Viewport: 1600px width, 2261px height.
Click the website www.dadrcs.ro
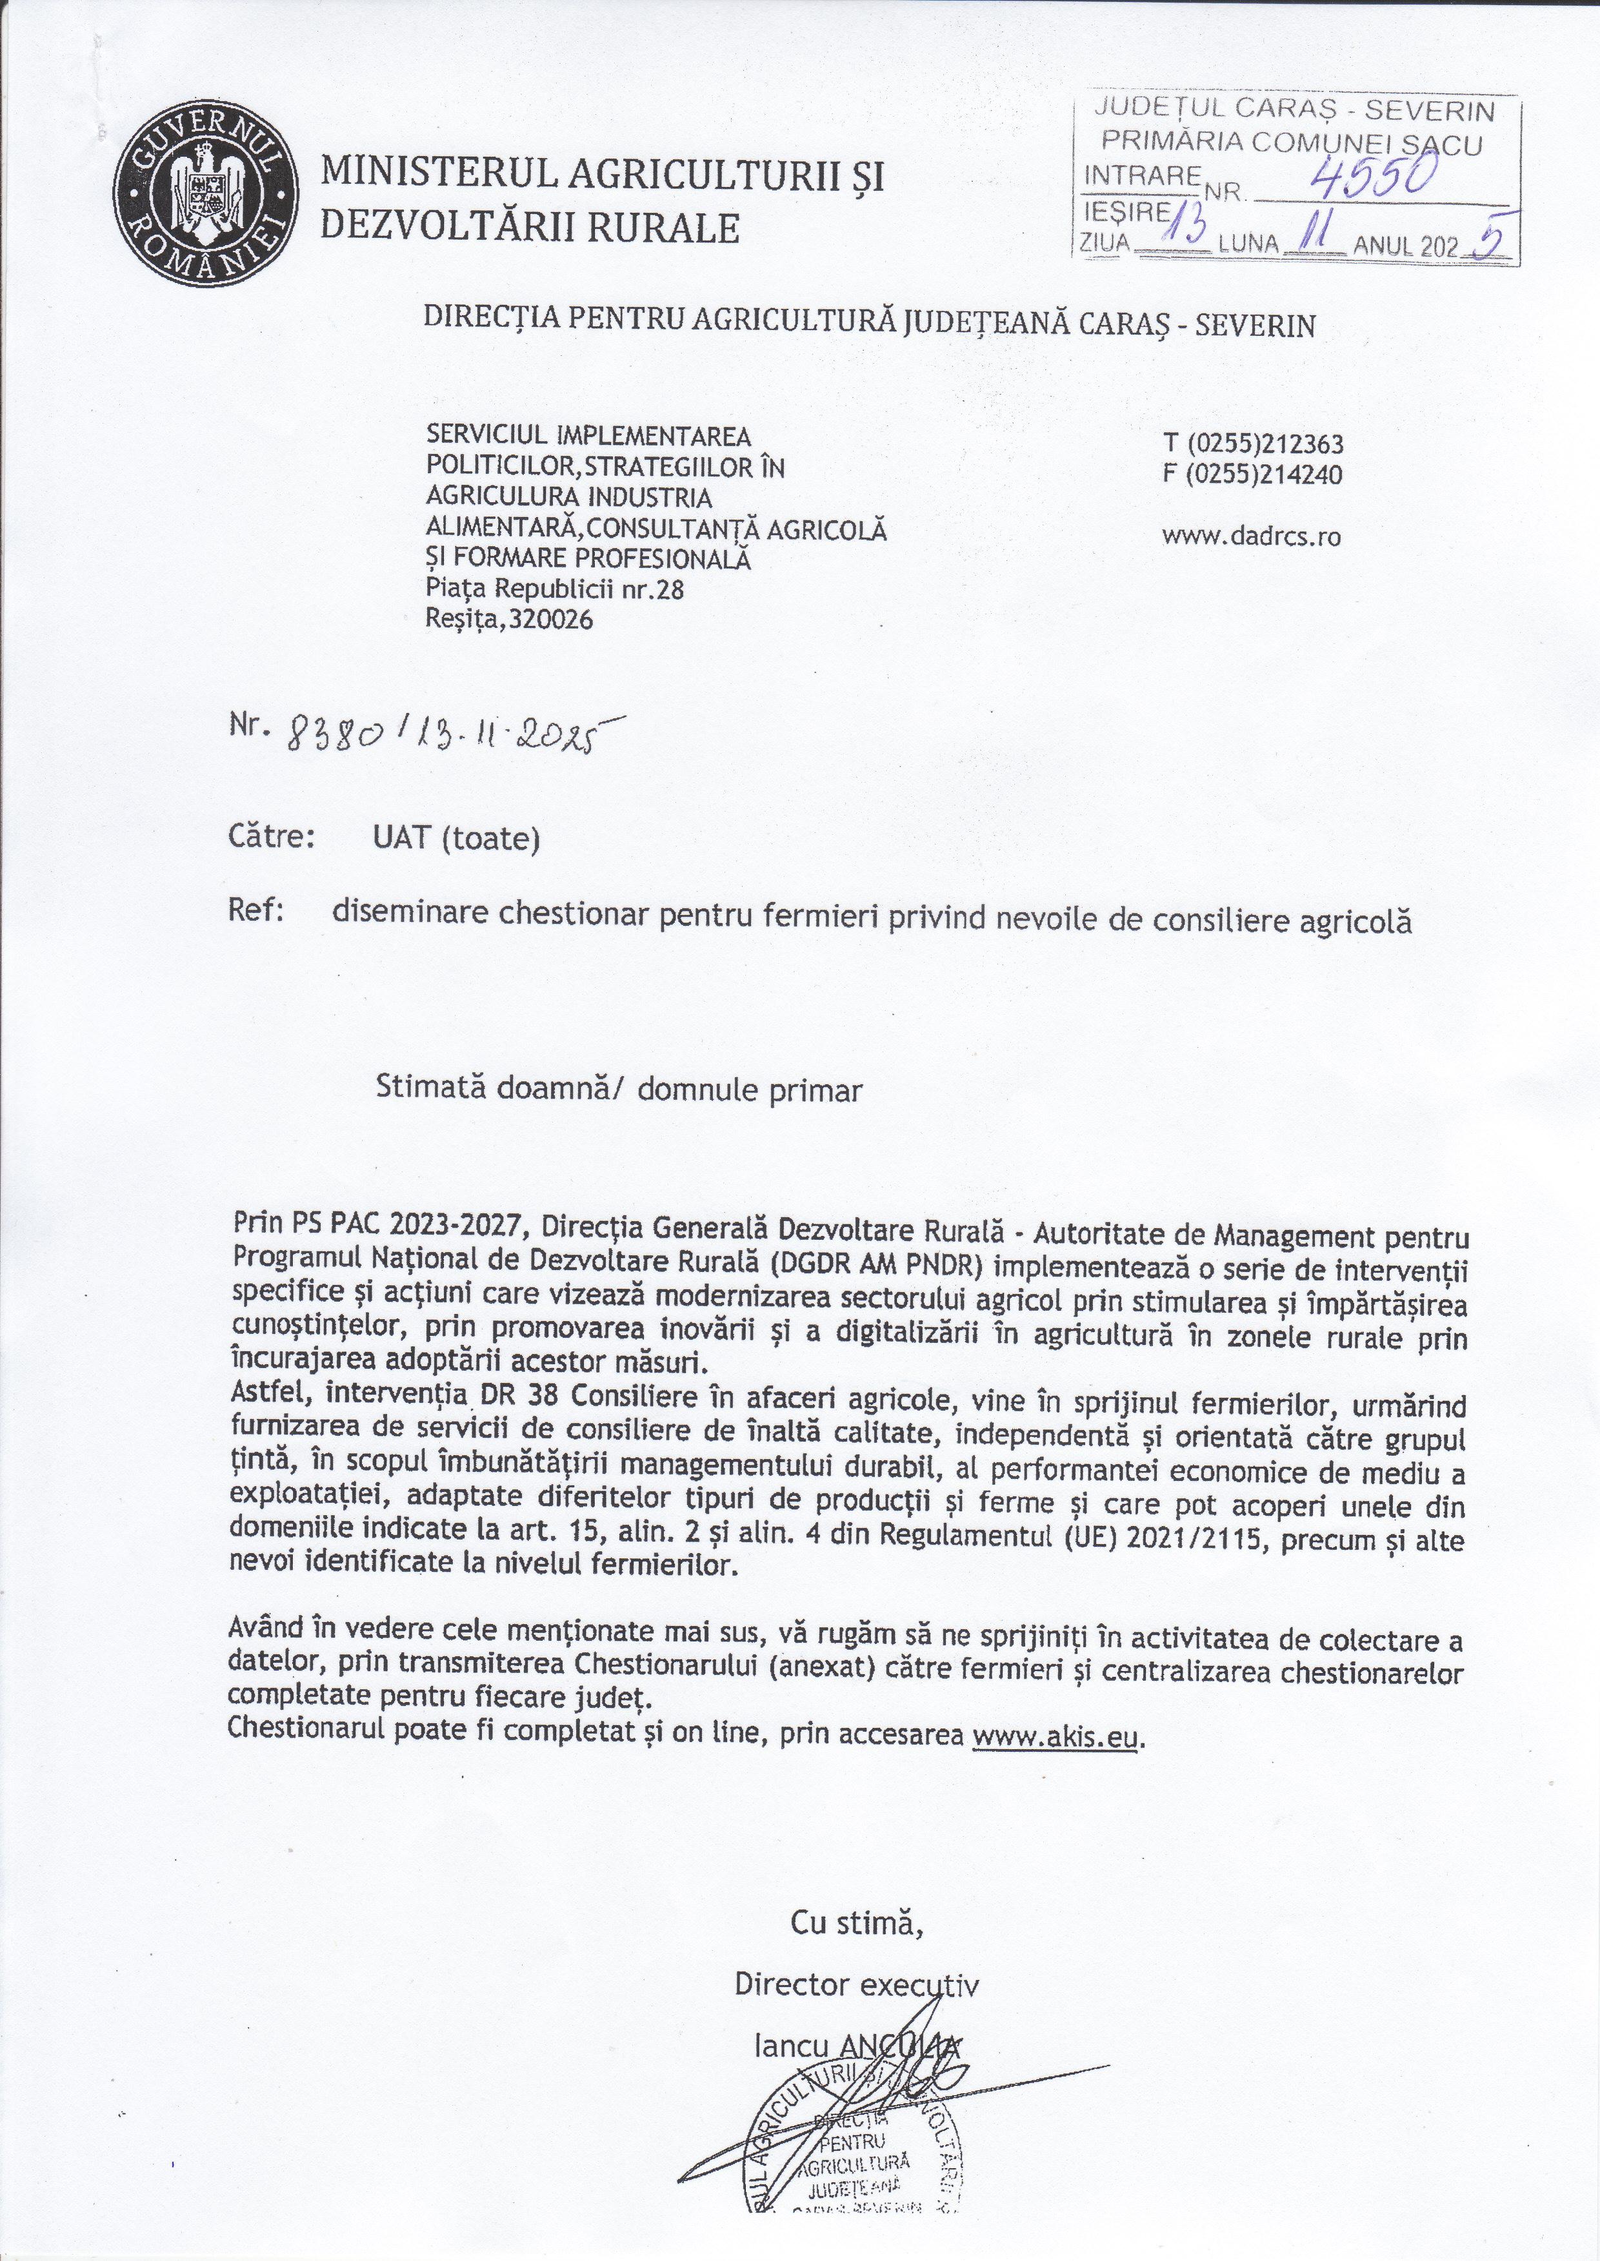pyautogui.click(x=1251, y=536)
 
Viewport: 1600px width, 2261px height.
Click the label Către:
pyautogui.click(x=271, y=838)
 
